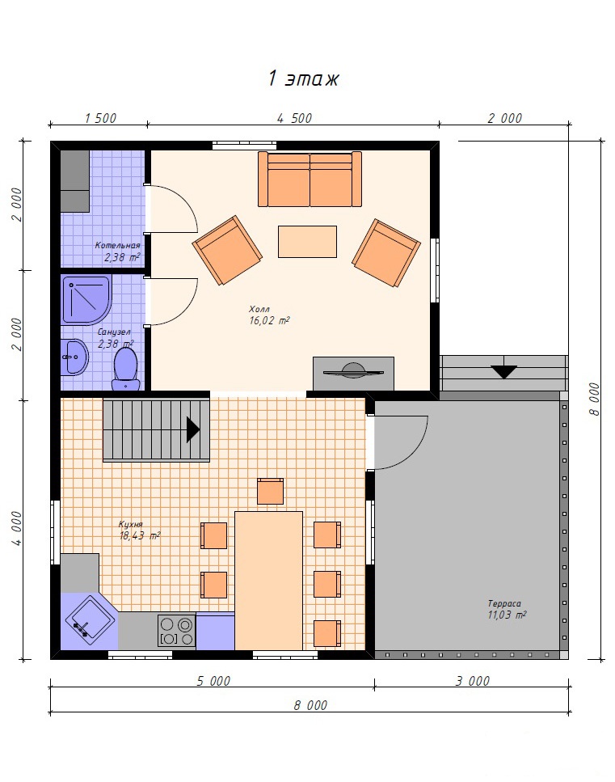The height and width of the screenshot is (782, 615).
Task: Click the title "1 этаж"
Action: [304, 78]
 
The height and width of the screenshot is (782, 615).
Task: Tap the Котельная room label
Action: [118, 245]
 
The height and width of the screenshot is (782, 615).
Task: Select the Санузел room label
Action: [115, 332]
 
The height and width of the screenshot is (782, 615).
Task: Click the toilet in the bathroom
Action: [125, 369]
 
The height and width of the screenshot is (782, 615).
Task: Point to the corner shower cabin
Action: [86, 299]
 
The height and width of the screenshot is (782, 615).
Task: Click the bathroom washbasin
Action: [75, 357]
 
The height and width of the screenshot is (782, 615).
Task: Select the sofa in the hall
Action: [310, 179]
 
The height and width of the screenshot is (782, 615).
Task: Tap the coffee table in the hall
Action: [307, 242]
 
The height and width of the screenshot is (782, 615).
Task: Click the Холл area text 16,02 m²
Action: [269, 321]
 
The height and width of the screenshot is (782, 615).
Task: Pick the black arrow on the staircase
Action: [193, 430]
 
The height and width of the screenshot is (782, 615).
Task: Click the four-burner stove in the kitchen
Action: [176, 631]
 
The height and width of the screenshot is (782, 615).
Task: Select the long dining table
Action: [268, 581]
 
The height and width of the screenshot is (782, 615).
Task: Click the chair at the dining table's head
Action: [270, 491]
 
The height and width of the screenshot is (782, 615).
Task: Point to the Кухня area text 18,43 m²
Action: [140, 536]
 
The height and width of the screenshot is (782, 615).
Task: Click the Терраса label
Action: [504, 603]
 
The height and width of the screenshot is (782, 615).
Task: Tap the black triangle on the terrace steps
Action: [503, 372]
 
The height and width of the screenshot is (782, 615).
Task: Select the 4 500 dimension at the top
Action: [294, 118]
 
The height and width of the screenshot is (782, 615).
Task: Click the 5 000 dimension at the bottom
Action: [213, 681]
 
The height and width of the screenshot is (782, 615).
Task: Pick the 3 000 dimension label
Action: [473, 681]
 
